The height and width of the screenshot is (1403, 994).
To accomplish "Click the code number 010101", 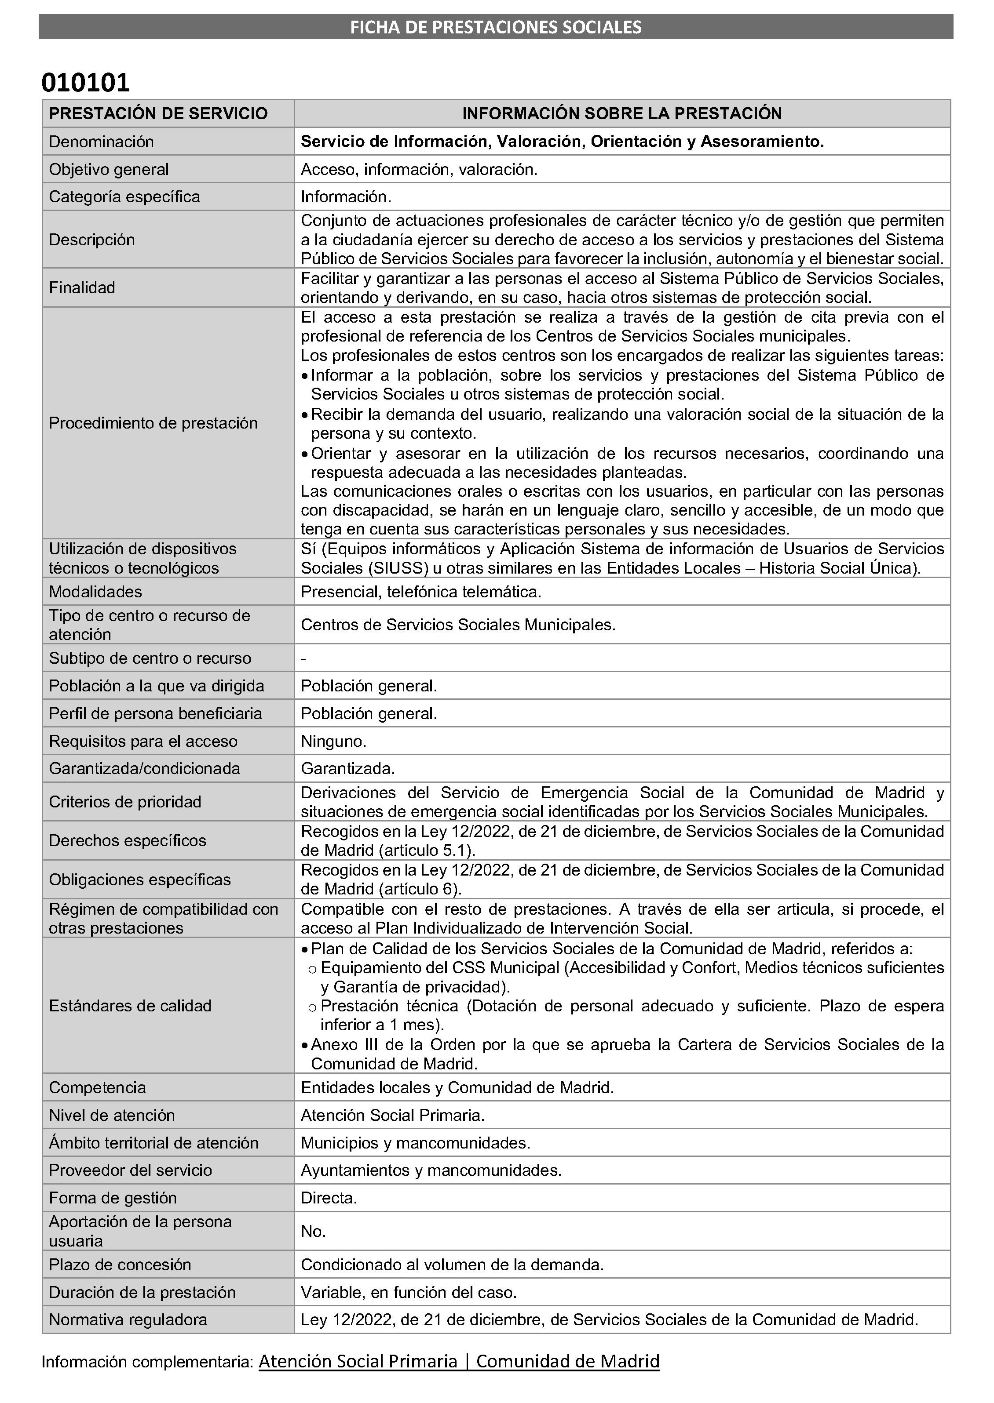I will click(86, 83).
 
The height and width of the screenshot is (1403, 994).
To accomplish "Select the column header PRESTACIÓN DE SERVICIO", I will click(158, 114).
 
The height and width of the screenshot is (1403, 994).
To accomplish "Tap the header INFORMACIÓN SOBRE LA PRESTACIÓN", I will click(622, 114).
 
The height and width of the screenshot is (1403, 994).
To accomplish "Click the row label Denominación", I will click(101, 142).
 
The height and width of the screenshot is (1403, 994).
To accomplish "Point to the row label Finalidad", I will click(82, 287).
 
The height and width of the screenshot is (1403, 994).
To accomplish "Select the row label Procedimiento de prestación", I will click(153, 423).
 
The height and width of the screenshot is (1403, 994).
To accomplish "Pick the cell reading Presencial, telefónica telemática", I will click(420, 592).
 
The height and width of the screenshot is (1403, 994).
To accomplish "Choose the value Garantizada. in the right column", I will click(347, 769).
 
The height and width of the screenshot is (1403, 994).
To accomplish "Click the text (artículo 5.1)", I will click(427, 851).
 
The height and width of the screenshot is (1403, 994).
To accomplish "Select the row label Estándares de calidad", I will click(130, 1006).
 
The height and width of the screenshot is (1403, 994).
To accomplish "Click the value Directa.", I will click(329, 1198).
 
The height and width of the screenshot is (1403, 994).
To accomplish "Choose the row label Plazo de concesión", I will click(120, 1265).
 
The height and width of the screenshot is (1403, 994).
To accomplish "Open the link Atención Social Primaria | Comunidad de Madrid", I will click(459, 1361).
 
